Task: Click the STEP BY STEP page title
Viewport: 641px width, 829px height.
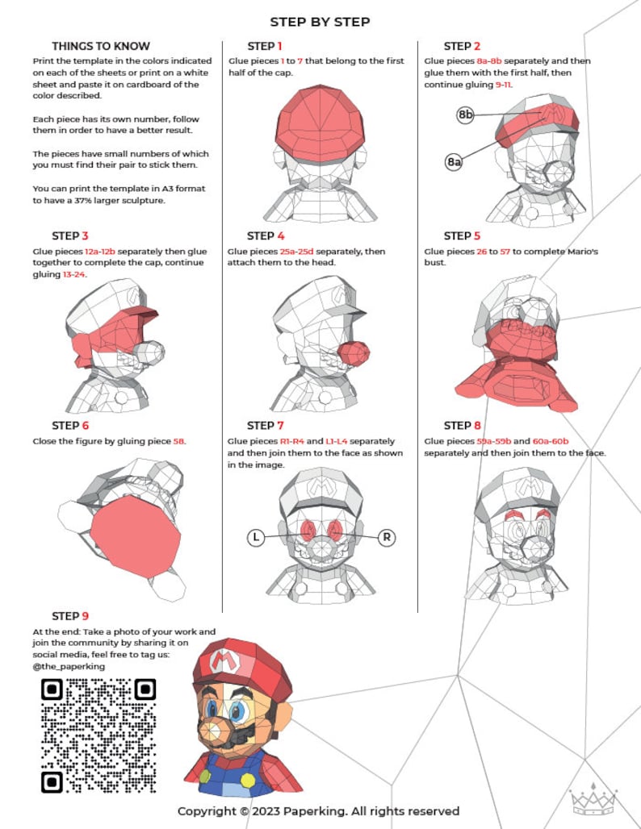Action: point(320,22)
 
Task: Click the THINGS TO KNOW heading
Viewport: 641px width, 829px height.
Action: point(101,46)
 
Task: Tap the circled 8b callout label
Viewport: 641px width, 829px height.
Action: point(465,115)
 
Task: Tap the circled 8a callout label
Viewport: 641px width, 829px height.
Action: point(454,162)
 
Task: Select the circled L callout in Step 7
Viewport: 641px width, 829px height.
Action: point(256,536)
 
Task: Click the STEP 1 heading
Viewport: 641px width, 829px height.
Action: point(265,46)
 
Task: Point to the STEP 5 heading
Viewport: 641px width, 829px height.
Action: point(462,235)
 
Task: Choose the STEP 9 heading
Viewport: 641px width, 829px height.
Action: point(70,616)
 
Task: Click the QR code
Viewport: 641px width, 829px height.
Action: point(98,735)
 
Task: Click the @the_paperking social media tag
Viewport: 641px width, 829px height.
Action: point(69,667)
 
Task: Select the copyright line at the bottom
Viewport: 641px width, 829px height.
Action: point(318,810)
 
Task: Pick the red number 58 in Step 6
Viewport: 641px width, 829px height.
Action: point(179,441)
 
